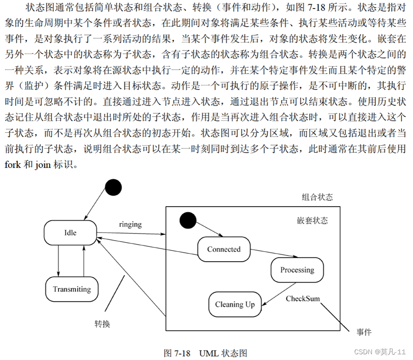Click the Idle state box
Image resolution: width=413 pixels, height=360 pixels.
coord(70,233)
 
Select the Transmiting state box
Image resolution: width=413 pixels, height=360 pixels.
coord(72,289)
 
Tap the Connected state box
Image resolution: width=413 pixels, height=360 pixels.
coord(223,249)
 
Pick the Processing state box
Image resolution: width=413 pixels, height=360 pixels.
coord(297,270)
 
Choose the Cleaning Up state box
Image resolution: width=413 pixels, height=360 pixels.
coord(235,305)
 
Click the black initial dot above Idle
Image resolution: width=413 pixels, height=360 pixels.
coord(114,187)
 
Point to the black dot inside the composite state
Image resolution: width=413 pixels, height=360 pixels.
coord(187,221)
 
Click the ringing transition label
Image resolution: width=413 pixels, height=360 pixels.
coord(130,224)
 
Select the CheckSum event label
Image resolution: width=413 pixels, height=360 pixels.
coord(303,299)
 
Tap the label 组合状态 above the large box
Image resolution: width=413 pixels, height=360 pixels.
coord(318,197)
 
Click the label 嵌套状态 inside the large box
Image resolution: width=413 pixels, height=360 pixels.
coord(312,221)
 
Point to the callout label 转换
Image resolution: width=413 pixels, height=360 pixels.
coord(102,324)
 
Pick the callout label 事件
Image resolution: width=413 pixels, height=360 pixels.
coord(364,332)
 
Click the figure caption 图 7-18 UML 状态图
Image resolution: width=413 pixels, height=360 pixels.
coord(205,353)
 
